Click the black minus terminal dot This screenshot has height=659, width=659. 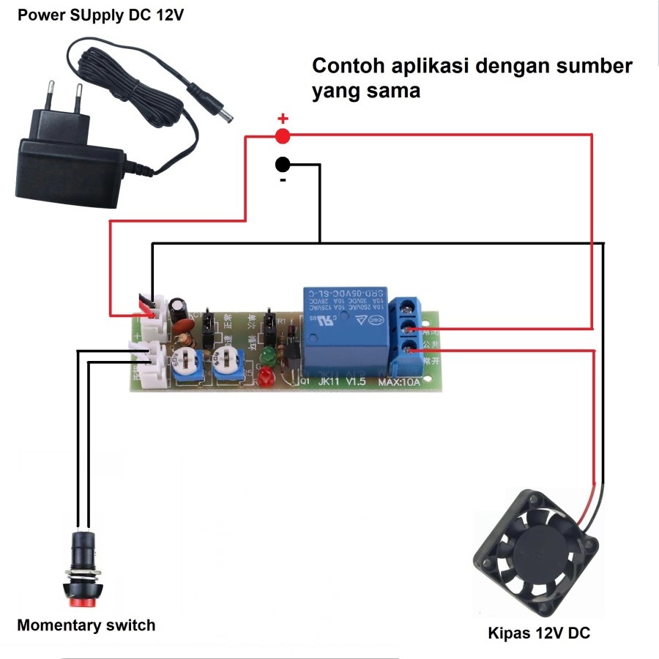[x=283, y=164]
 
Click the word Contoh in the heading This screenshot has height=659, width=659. [x=349, y=66]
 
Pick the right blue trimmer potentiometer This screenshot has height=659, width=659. [x=228, y=360]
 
